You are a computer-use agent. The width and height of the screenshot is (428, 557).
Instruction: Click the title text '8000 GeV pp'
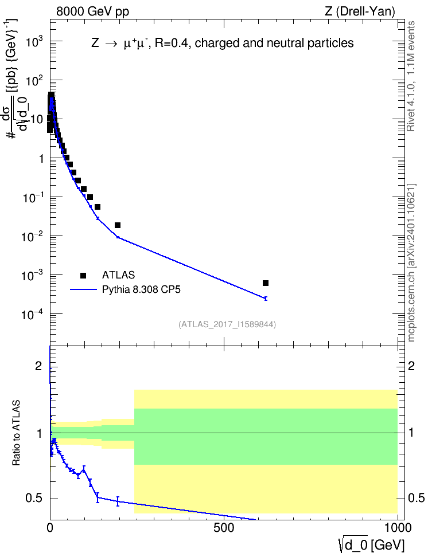coord(92,11)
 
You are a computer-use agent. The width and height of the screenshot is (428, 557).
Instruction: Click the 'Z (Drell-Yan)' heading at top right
coord(360,11)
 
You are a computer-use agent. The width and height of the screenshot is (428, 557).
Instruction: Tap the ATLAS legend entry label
coord(118,275)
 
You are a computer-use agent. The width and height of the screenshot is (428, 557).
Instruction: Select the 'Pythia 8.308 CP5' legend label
coord(141,289)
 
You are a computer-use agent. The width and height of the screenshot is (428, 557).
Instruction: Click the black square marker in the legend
coord(83,275)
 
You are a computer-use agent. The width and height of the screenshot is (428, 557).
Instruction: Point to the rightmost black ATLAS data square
coord(266,283)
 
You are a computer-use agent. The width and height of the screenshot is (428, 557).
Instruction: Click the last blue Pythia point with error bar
coord(266,299)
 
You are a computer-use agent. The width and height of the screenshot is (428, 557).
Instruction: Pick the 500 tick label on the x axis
coord(224,528)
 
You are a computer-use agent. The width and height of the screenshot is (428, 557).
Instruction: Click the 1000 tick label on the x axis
coord(398,528)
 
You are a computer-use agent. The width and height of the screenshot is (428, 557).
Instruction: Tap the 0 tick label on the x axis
coord(50,528)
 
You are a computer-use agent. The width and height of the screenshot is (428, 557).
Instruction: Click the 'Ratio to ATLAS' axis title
coord(16,433)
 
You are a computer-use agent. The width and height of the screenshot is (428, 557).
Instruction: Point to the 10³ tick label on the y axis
coord(34,42)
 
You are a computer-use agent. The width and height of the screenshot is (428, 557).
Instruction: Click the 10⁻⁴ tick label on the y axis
coord(33,315)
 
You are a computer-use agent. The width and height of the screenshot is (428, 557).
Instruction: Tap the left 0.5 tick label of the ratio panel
coord(34,499)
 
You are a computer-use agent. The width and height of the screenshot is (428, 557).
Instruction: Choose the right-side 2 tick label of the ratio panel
coord(411,366)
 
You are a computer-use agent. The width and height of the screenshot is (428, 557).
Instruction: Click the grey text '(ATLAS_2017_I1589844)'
coord(227,324)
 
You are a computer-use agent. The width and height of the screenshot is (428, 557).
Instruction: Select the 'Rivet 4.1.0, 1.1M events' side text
coord(411,76)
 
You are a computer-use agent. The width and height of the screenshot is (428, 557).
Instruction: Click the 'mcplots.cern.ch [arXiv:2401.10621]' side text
coord(411,263)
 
